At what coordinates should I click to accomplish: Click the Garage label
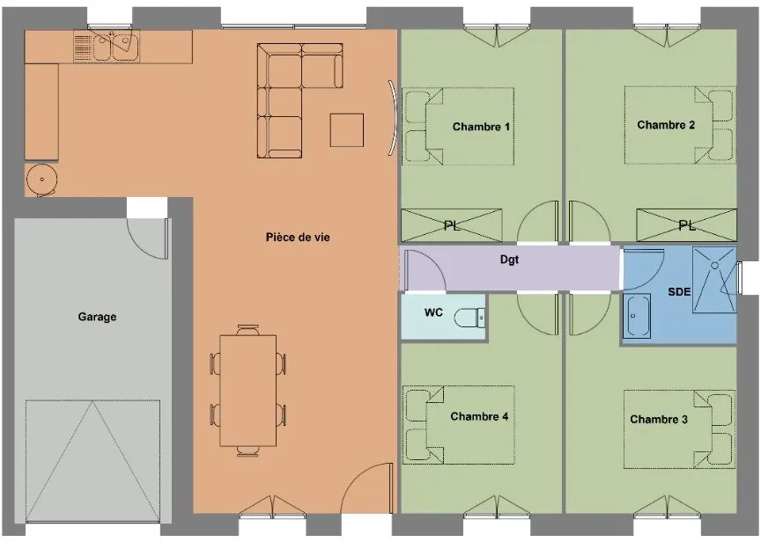[97, 317]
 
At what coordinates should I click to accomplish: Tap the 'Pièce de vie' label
[298, 237]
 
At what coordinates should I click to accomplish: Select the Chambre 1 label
[481, 127]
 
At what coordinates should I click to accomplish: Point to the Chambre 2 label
[666, 125]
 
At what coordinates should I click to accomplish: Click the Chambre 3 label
[659, 420]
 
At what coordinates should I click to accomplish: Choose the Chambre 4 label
[479, 416]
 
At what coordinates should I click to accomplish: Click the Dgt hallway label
[510, 260]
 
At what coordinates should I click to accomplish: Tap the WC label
[433, 312]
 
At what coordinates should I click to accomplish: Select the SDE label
[679, 291]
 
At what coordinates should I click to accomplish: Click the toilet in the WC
[469, 318]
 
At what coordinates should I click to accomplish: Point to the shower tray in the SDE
[714, 280]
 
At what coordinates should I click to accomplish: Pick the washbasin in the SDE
[636, 315]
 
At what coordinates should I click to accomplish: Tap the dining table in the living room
[248, 391]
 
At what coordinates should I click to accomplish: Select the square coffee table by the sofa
[347, 130]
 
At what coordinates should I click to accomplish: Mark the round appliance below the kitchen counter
[41, 179]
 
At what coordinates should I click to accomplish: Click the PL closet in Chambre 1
[451, 225]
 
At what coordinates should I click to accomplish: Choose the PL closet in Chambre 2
[686, 225]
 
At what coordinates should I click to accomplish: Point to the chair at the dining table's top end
[248, 330]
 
